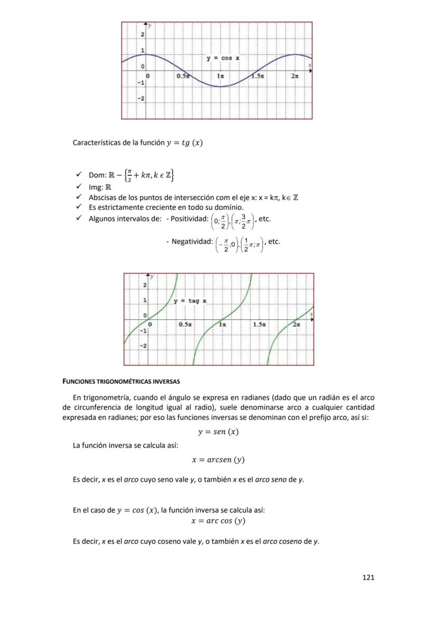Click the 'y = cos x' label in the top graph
[x=223, y=58]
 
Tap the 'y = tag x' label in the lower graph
[x=191, y=301]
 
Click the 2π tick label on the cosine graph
[x=296, y=77]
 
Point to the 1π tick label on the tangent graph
[x=224, y=325]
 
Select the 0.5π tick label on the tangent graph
[x=185, y=325]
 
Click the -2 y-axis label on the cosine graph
[x=141, y=99]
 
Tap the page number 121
[x=368, y=578]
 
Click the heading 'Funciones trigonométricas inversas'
[x=121, y=381]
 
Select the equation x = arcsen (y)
[x=218, y=460]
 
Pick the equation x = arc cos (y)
[x=218, y=521]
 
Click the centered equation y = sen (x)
[x=218, y=432]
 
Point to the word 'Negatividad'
[x=191, y=242]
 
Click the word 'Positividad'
[x=188, y=218]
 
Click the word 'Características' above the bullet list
[x=95, y=142]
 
